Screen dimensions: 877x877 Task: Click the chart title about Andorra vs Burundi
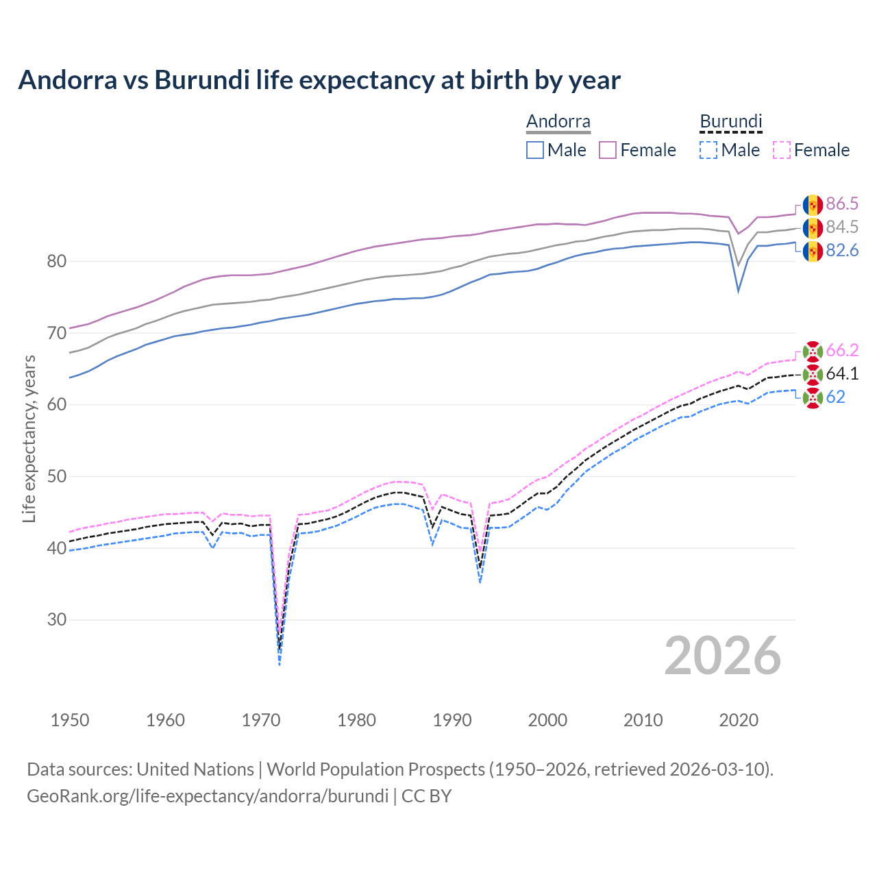click(x=319, y=80)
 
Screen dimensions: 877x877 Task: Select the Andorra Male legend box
click(x=535, y=150)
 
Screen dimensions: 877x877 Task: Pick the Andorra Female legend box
click(x=608, y=150)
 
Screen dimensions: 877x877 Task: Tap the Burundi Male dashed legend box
click(x=708, y=150)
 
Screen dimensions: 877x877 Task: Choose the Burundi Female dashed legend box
click(x=782, y=150)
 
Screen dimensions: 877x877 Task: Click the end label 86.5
click(x=842, y=203)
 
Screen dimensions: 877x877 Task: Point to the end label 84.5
click(x=842, y=227)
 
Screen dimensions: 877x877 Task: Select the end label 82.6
click(x=842, y=250)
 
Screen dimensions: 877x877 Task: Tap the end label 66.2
click(x=842, y=350)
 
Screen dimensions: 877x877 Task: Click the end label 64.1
click(x=842, y=373)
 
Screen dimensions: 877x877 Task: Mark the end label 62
click(x=835, y=397)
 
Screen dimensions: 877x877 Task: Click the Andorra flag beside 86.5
click(x=813, y=204)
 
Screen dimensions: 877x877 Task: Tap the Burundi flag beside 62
click(x=813, y=397)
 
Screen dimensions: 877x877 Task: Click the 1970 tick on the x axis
click(x=261, y=720)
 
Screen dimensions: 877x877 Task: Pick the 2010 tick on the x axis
click(x=643, y=720)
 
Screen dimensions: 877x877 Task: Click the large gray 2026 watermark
click(x=723, y=656)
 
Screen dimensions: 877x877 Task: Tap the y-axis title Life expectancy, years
click(x=29, y=438)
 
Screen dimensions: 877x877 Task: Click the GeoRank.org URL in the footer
click(x=208, y=796)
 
